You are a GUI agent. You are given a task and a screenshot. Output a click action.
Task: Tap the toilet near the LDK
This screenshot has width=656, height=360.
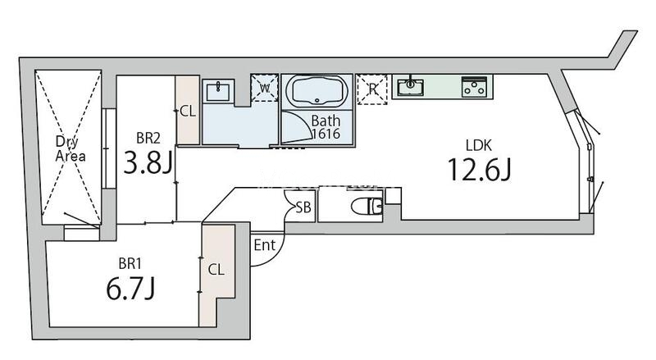point(367,206)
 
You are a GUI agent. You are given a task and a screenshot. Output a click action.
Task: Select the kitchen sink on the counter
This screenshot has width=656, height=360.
point(410,87)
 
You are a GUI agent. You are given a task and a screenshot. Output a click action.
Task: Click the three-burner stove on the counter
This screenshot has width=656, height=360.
point(474,87)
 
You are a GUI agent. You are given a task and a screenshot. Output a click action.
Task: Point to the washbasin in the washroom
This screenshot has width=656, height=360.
point(218,91)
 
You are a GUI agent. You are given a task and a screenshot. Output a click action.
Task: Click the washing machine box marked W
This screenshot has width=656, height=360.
point(264,88)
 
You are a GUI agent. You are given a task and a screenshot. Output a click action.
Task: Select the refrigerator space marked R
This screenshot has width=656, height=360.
point(372,89)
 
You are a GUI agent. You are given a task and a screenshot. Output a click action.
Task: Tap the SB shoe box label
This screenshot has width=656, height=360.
point(303,207)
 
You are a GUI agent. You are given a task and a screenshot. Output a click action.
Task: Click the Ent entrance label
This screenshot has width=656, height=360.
point(264,245)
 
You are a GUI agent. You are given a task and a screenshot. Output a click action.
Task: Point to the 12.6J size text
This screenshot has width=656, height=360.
point(480,170)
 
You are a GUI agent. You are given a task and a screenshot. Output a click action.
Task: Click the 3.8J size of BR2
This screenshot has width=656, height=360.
point(148,162)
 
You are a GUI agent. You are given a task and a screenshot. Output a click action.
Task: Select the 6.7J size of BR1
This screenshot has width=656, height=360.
point(130,289)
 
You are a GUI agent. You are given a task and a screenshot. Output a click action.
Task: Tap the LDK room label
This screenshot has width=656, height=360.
point(479,145)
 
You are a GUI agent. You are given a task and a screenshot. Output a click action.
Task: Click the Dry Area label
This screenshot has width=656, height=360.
point(71,148)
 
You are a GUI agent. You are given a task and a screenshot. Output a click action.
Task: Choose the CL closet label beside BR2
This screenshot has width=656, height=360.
point(188,112)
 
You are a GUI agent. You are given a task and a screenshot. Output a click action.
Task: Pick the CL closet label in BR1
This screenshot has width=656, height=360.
point(216,270)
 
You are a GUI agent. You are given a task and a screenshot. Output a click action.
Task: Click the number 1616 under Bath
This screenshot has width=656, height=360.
point(326,134)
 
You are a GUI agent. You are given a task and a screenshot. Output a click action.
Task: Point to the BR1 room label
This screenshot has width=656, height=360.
point(130,264)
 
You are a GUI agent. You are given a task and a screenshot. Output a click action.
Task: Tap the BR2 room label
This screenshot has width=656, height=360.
point(148,138)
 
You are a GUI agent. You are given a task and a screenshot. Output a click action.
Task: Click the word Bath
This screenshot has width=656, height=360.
point(326,121)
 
